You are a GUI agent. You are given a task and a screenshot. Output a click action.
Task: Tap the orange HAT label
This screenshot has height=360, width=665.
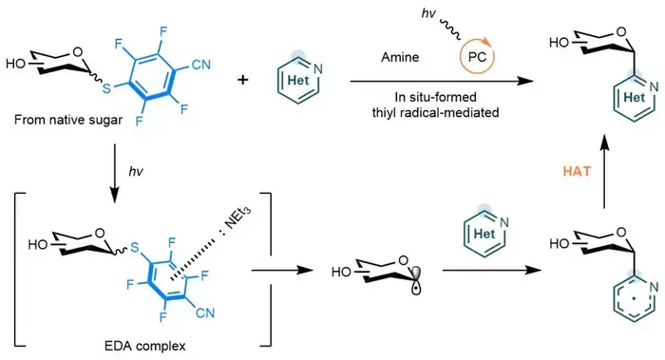coord(577,171)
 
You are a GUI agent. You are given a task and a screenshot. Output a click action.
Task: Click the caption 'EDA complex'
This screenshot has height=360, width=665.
coord(145,346)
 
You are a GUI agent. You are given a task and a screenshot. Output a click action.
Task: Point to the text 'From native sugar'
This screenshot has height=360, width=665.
coord(68,120)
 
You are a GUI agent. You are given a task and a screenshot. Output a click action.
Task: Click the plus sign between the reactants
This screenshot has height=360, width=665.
coord(242,79)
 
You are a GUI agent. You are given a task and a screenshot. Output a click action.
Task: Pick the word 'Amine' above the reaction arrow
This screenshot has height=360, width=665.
coord(400,57)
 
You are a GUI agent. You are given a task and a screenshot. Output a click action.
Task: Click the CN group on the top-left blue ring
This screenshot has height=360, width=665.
coord(201,65)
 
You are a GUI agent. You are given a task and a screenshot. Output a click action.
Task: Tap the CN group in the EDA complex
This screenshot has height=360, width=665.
coord(205,313)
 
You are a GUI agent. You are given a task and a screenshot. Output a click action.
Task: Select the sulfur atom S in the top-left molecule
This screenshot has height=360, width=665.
coord(106,88)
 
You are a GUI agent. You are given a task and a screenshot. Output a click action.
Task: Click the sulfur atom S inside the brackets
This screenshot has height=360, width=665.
coord(135,247)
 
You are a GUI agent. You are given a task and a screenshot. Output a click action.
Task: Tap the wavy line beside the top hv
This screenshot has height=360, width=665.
coord(450,28)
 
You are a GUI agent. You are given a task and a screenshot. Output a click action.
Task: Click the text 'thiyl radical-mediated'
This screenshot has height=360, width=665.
coord(435,112)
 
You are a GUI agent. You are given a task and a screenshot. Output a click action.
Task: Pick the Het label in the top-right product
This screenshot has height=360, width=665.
coord(634,97)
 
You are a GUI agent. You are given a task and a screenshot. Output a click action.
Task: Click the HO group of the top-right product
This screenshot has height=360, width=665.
coord(559,43)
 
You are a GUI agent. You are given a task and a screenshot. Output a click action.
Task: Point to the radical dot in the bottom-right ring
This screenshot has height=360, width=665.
coord(634,298)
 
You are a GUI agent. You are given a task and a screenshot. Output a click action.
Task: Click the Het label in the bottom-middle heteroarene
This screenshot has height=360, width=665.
coord(484,234)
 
